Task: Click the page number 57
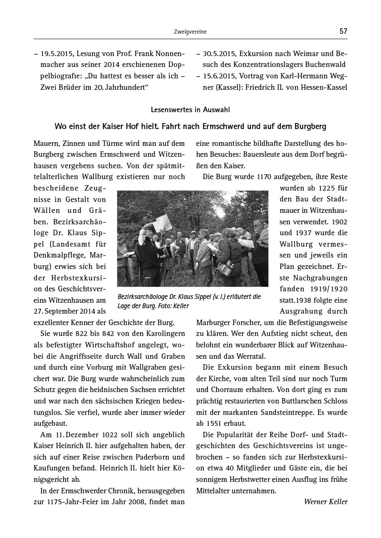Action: [343, 31]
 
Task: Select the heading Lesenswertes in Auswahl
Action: [190, 109]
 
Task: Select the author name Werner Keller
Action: [325, 502]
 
